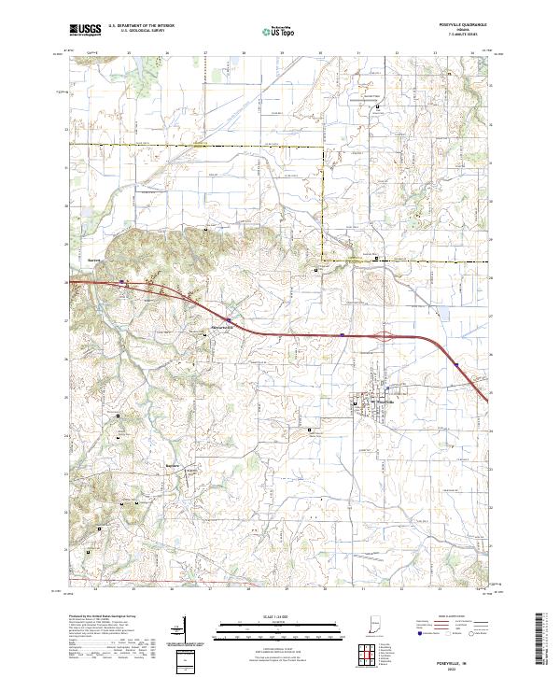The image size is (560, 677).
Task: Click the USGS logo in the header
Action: [85, 30]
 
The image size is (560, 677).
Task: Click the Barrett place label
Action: [93, 260]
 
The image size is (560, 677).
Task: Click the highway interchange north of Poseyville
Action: [382, 333]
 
